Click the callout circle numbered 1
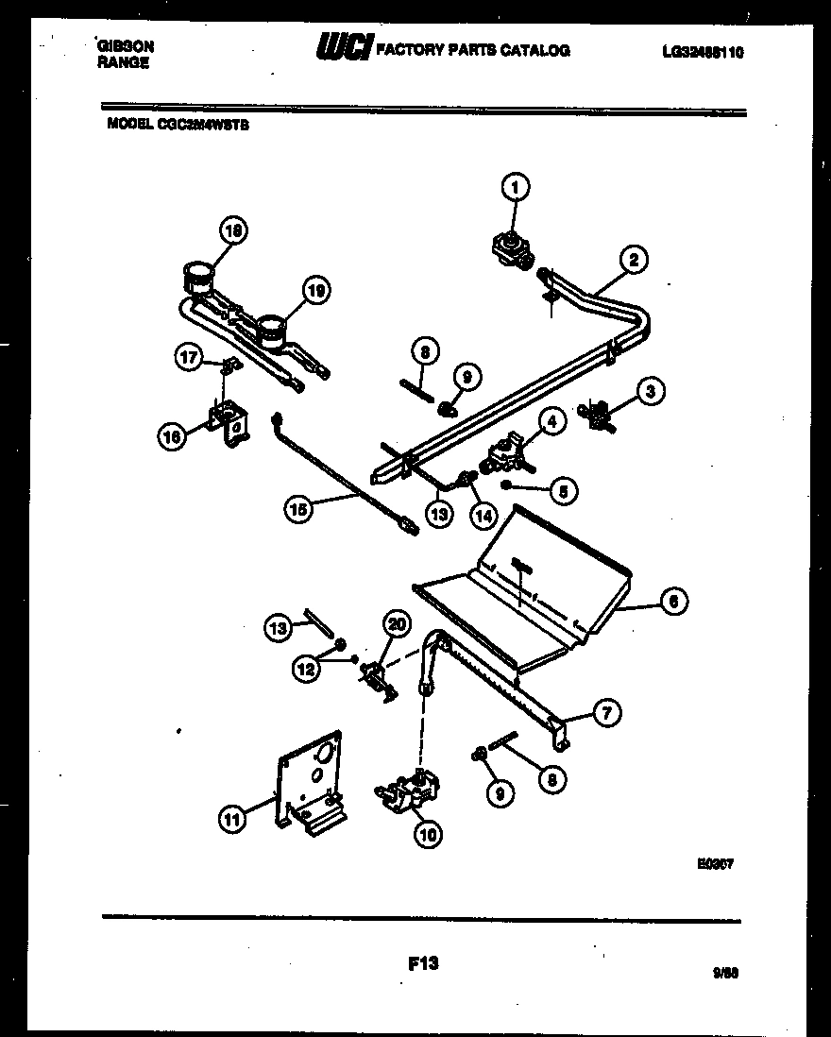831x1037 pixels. point(515,188)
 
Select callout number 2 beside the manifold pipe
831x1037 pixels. point(634,259)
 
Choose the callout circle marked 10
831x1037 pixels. point(427,833)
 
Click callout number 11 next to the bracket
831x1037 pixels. point(232,820)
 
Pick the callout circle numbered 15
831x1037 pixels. point(298,509)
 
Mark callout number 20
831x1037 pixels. point(397,623)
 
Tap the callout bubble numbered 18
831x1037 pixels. point(232,229)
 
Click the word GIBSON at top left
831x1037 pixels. point(126,45)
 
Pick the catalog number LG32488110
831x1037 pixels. point(703,53)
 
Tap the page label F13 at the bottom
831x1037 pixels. point(424,963)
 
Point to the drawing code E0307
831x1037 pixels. point(717,861)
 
